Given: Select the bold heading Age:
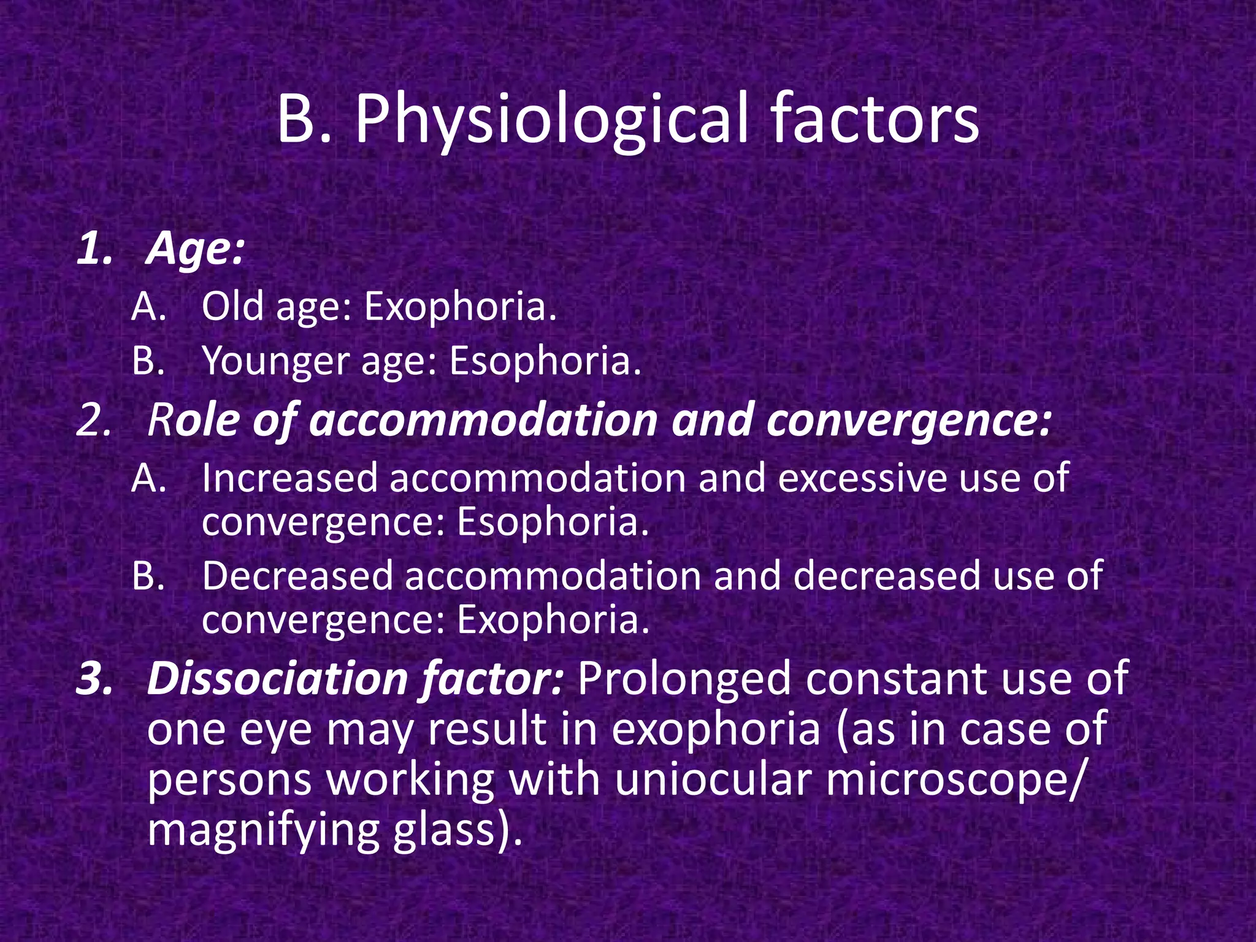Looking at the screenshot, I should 196,250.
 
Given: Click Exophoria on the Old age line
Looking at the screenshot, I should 460,306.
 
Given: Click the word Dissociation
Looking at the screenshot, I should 277,679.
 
